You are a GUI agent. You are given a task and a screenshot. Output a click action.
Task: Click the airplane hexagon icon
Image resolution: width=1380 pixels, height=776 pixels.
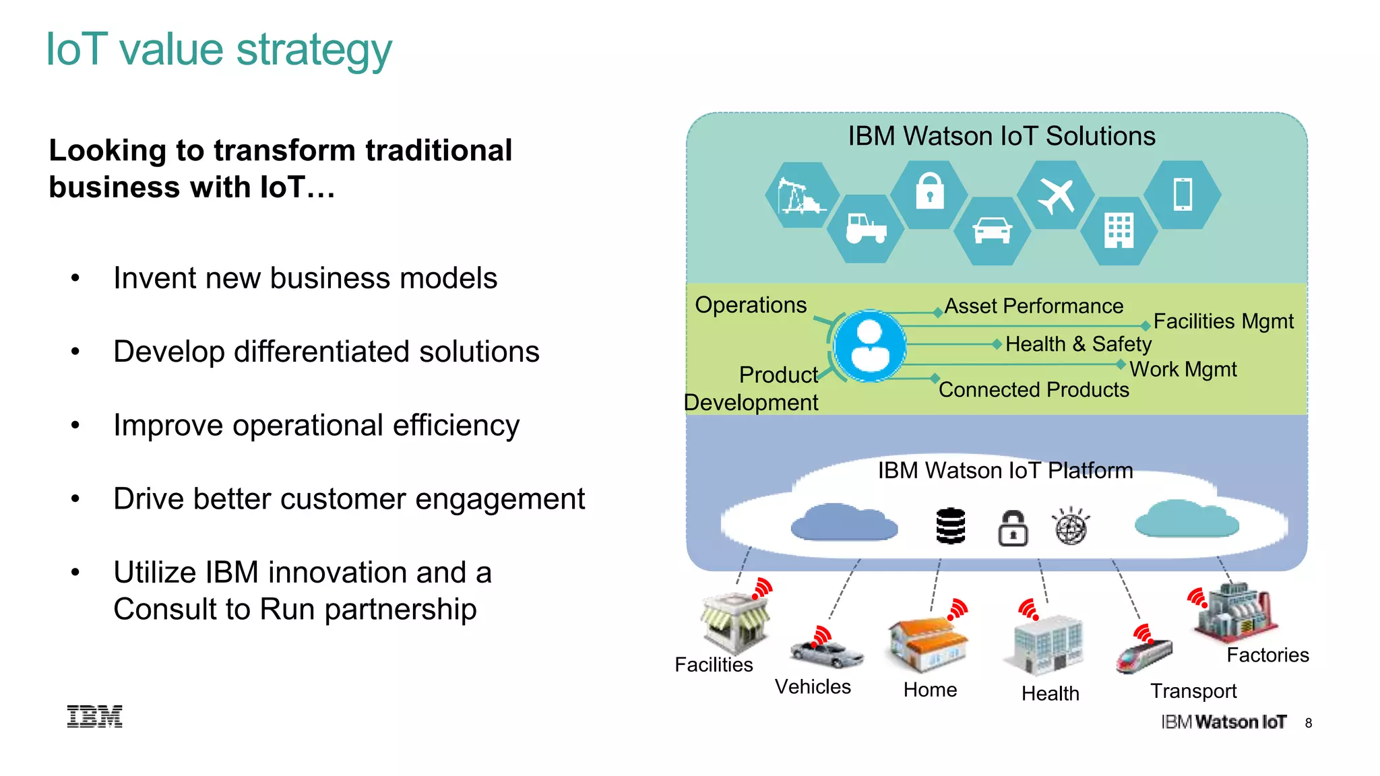1055,195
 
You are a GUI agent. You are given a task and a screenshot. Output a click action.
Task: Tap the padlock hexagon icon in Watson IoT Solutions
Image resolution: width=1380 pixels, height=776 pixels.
929,194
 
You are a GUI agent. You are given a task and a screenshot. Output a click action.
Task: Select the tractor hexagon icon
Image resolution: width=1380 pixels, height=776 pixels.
866,229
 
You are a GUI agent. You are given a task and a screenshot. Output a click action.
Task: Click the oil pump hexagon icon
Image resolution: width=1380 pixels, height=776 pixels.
801,195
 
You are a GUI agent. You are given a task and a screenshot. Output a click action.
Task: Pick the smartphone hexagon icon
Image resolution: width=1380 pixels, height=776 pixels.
1183,195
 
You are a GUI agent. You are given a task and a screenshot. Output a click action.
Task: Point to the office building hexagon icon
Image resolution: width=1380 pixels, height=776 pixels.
1119,230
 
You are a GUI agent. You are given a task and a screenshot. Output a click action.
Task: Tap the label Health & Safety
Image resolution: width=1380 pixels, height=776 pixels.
1078,344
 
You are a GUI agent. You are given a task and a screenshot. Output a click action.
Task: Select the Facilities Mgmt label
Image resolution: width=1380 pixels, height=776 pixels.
1223,321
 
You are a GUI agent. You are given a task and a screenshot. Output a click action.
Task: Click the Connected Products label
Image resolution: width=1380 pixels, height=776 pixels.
1034,390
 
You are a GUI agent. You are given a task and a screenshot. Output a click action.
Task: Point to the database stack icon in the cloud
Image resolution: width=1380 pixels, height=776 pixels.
951,526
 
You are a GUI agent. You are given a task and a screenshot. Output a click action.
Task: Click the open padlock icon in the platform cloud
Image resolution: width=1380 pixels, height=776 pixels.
1013,528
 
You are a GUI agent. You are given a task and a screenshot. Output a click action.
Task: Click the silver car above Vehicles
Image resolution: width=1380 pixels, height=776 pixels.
826,652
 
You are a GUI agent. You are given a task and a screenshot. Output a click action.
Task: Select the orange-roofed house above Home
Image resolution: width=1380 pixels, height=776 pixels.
927,643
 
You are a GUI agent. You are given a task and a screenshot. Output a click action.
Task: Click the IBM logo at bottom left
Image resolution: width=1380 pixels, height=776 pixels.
95,716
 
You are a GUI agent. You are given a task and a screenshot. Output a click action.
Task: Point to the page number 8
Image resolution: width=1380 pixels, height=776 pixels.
1308,723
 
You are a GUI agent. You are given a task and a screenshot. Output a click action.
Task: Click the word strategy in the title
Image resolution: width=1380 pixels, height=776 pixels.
314,51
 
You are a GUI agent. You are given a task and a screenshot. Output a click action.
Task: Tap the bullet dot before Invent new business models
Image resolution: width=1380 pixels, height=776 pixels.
75,278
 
